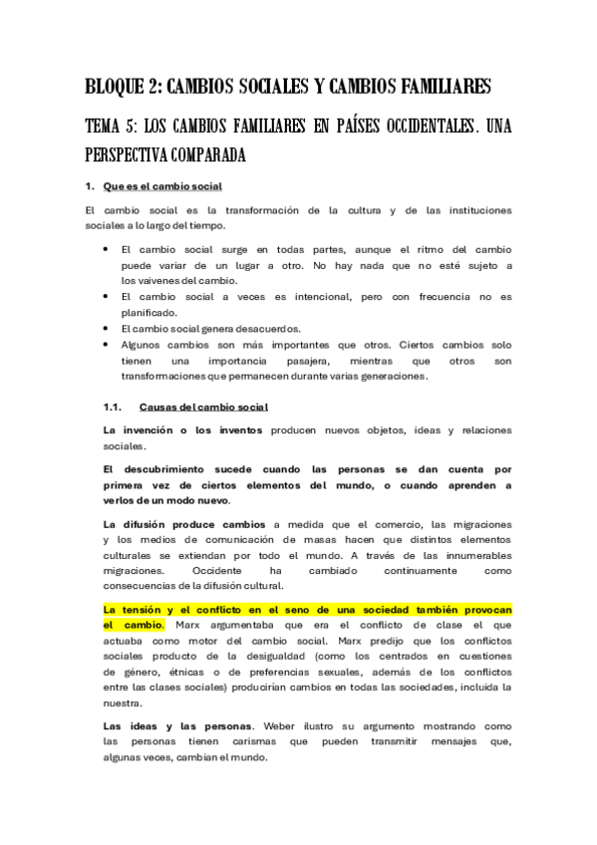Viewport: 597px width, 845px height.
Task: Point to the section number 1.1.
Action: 113,407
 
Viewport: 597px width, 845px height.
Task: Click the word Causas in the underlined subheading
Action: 159,407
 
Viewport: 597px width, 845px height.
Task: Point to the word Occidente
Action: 212,570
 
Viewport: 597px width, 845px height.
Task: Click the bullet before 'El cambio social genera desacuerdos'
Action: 106,327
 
